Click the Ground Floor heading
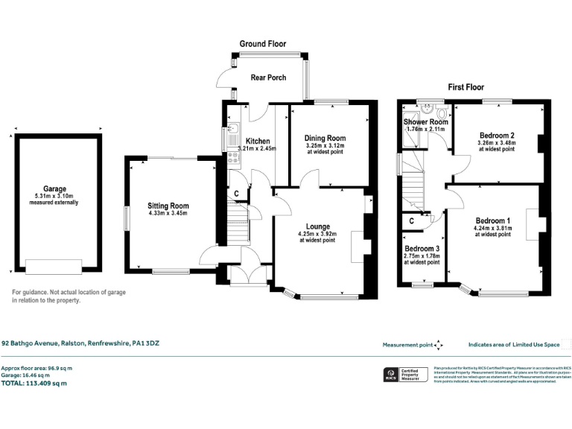tap(262, 44)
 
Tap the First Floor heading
tap(466, 87)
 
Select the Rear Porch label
tap(267, 77)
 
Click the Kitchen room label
tap(258, 141)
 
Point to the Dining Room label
tap(325, 138)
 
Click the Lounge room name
tap(317, 226)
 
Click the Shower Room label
tap(425, 121)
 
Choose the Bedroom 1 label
tap(493, 220)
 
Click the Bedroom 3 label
tap(422, 249)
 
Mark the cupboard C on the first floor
tap(411, 220)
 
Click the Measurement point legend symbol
tap(439, 345)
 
